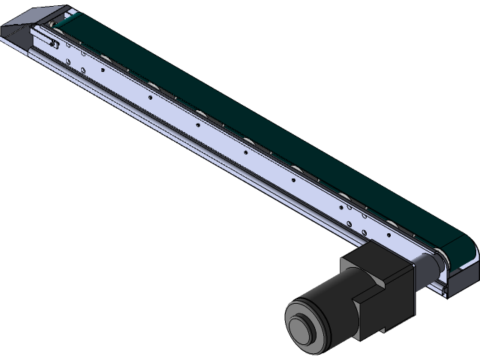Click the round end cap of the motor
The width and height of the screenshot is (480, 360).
[x=304, y=327]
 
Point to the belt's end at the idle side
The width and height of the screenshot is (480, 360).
[x=67, y=18]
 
